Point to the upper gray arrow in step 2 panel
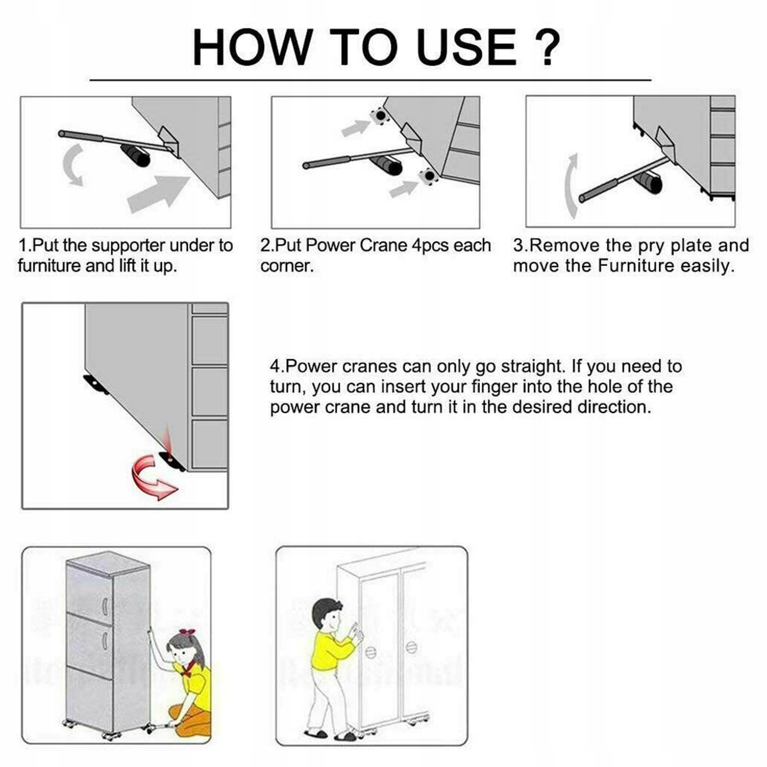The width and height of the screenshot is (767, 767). click(355, 128)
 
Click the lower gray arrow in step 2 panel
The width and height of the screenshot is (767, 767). click(404, 189)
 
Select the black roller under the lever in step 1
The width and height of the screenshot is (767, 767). click(136, 155)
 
